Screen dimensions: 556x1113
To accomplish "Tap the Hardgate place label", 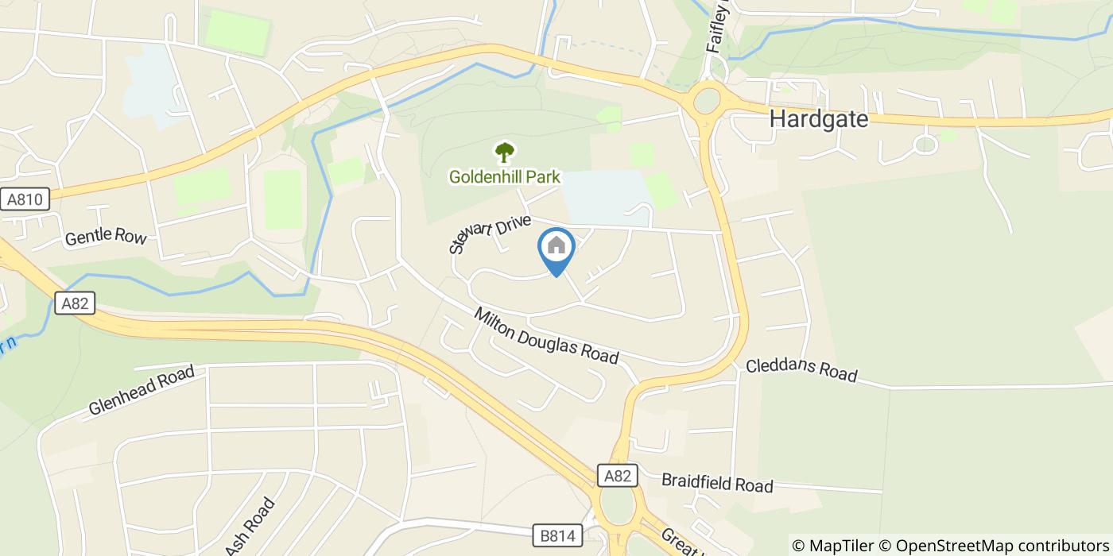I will coord(818,119).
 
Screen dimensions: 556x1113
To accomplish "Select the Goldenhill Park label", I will coord(504,176).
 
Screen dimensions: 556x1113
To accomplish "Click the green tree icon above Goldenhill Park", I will coord(504,151).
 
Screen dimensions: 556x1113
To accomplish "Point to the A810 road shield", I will coord(25,199).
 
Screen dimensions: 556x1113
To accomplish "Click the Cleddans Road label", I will coord(801,371).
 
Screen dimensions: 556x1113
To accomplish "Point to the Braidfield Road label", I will coord(717,483).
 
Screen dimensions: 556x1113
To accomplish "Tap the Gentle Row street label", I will coord(106,237).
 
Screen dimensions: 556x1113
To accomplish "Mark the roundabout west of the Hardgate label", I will coord(706,102).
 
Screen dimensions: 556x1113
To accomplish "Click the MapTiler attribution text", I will coord(832,546).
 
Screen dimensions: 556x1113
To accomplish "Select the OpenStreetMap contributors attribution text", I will coord(994,546).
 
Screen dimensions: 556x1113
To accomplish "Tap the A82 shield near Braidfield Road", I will coord(617,476).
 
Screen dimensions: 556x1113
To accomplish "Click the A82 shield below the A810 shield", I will coord(76,303).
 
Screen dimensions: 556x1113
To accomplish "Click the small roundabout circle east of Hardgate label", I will coord(925,145).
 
